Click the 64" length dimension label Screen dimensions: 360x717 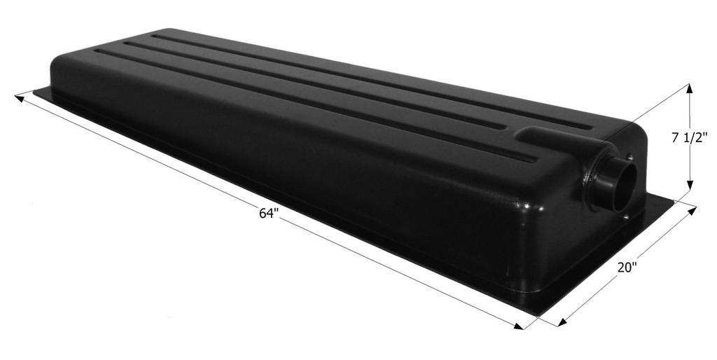tap(269, 214)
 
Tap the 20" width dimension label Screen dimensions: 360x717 tap(627, 268)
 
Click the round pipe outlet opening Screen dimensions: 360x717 tap(618, 184)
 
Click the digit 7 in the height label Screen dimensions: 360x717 tap(676, 139)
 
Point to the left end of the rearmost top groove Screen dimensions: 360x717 tap(155, 36)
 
